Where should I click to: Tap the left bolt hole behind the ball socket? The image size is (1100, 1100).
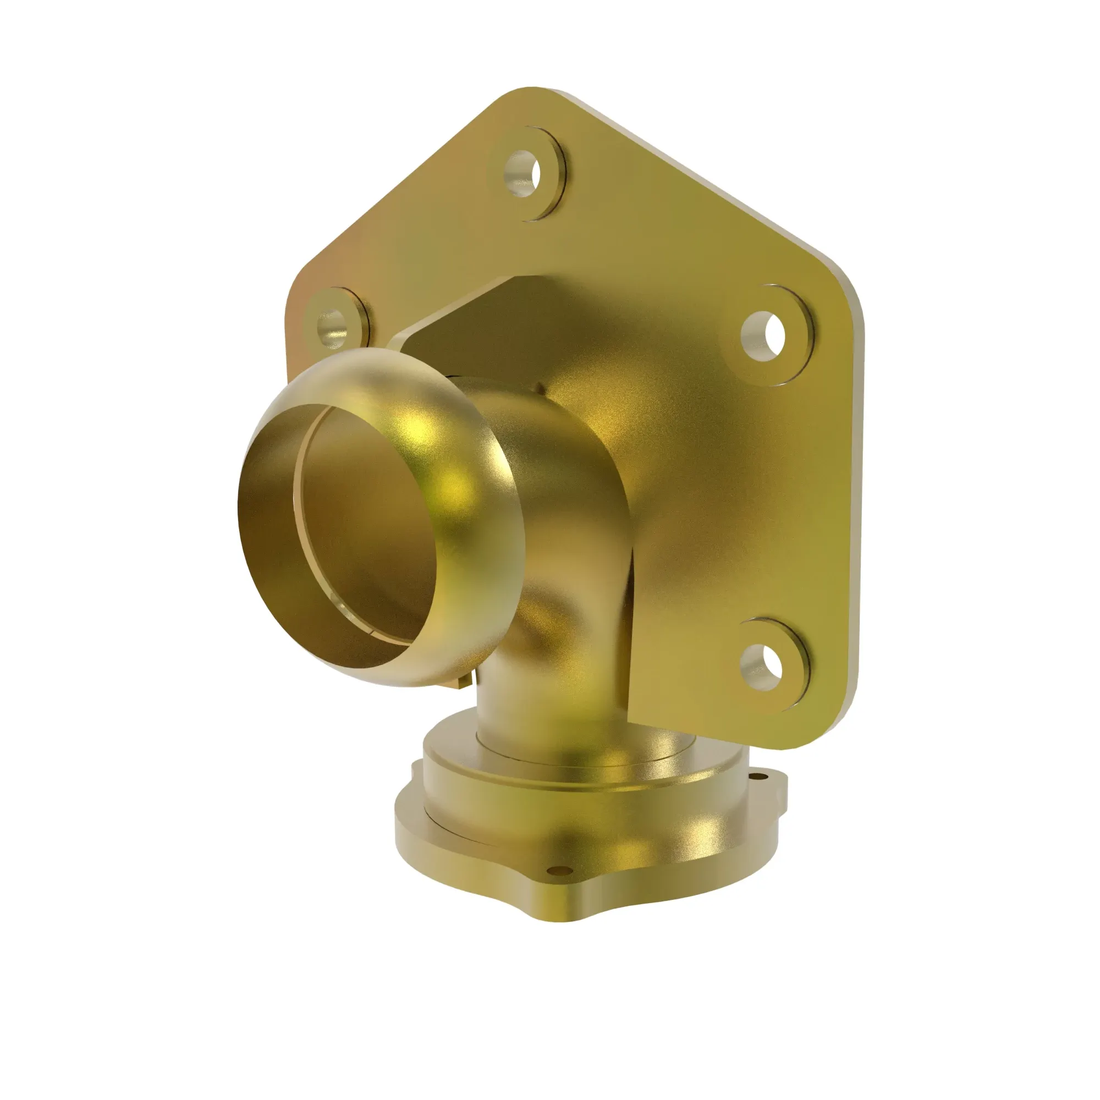(332, 327)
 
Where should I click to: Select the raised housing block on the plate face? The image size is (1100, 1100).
(712, 513)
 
